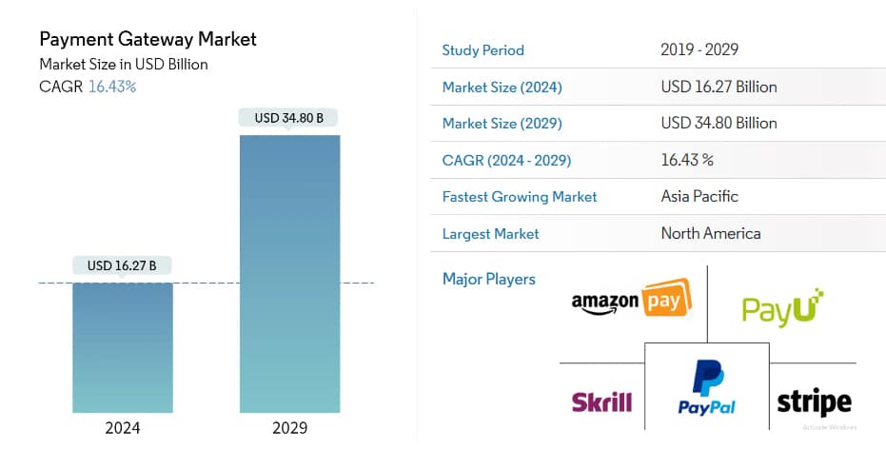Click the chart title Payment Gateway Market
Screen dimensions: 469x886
tap(148, 40)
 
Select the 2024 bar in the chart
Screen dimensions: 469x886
tap(123, 347)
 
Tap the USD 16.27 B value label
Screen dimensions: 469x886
tap(122, 265)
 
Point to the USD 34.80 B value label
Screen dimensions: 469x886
tap(289, 119)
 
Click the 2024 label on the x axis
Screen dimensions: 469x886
tap(123, 428)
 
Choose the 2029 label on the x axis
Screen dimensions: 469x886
tap(289, 428)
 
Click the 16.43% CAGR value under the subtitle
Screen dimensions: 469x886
tap(112, 87)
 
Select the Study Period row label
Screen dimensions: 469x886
tap(483, 50)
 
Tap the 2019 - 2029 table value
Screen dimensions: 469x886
tap(699, 50)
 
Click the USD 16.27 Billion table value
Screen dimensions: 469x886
tap(719, 87)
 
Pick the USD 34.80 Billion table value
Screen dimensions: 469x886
tap(719, 123)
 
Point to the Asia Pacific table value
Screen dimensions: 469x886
tap(699, 197)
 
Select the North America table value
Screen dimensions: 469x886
tap(711, 233)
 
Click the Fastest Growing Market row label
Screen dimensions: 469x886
tap(520, 197)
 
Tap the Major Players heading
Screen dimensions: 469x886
tap(489, 279)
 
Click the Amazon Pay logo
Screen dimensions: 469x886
tap(631, 301)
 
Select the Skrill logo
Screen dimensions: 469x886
tap(601, 401)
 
